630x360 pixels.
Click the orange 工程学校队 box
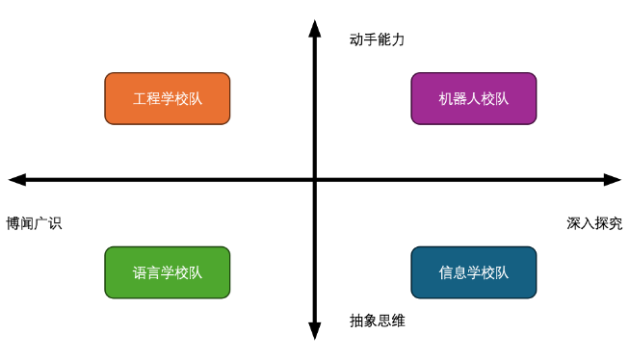click(168, 98)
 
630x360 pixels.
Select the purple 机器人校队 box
click(474, 98)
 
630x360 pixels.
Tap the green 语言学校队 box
click(168, 272)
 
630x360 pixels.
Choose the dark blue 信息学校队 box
click(474, 272)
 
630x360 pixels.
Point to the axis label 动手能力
click(378, 40)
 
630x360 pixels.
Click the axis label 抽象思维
click(378, 321)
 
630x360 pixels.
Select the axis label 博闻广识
click(34, 223)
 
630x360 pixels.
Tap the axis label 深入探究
click(594, 223)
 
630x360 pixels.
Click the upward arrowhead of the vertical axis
click(314, 29)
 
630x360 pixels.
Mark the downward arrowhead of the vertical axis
click(314, 330)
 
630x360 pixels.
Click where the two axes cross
click(314, 180)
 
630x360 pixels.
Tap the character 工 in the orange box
click(140, 98)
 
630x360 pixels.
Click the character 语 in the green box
click(140, 272)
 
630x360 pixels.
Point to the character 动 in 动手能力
click(356, 40)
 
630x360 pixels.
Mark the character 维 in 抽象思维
click(399, 321)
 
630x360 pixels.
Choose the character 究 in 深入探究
click(616, 223)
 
